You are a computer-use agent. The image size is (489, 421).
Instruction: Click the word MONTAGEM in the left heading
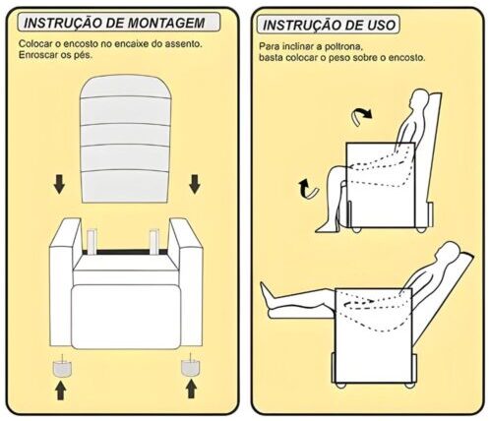coord(166,23)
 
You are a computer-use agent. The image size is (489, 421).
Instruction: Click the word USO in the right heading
coord(378,25)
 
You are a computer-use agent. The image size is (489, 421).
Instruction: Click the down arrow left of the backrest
coord(59,184)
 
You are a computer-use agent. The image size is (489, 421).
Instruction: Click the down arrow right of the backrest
coord(195,184)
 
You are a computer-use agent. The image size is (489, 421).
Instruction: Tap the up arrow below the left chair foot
coord(60,390)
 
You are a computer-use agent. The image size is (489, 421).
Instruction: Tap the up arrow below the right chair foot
coord(191,389)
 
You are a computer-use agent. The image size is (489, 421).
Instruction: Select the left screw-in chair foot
coord(62,366)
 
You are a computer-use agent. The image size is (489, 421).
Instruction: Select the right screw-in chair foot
coord(191,365)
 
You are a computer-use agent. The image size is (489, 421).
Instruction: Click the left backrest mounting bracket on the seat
coord(92,242)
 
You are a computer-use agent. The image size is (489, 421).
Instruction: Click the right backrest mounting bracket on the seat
coord(154,242)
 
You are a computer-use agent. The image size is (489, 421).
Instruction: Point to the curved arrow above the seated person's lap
coord(361,117)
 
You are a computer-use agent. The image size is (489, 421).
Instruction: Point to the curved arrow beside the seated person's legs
coord(308,190)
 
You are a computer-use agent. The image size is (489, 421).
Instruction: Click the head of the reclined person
coord(447,254)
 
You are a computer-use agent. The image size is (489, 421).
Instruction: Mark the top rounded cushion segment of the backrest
coord(126,87)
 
